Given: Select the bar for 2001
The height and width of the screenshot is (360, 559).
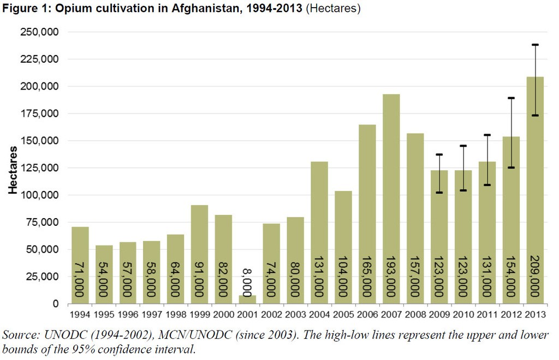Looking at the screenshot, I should click(247, 299).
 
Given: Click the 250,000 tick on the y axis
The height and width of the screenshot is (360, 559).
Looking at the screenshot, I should click(40, 32).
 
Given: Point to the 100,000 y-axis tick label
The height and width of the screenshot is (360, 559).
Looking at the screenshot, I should click(40, 195).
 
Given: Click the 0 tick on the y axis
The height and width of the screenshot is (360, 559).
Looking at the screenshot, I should click(56, 304).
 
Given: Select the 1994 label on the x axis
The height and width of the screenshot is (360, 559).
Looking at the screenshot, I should click(80, 315).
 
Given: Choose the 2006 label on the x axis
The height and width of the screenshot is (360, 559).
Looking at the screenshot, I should click(367, 315).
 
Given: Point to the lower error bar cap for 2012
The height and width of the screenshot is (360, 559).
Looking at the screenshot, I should click(510, 167).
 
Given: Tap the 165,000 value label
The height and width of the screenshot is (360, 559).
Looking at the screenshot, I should click(367, 276).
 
